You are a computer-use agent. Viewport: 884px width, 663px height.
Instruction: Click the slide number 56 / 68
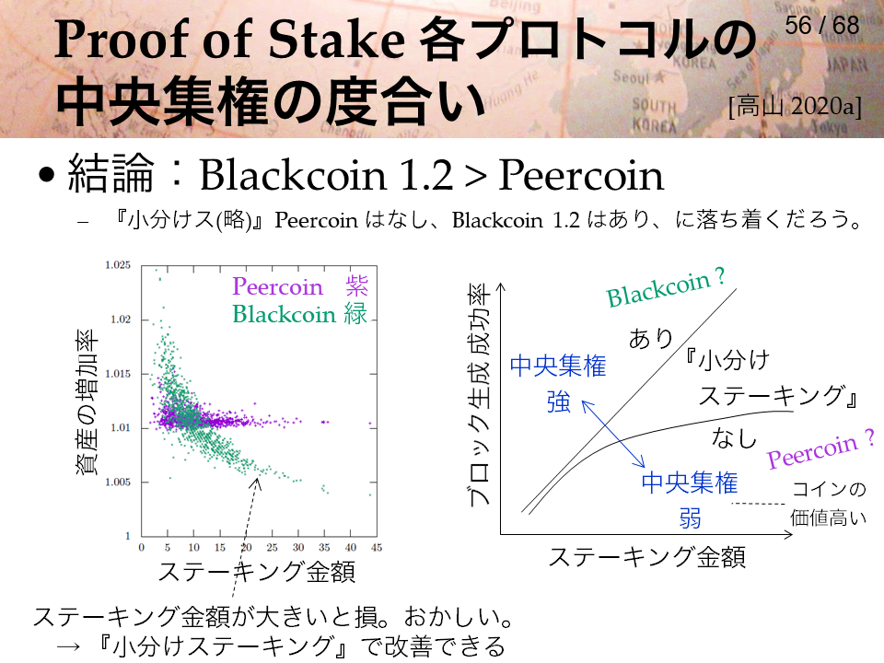pyautogui.click(x=822, y=26)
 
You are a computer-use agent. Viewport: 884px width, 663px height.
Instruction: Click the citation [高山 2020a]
pyautogui.click(x=795, y=106)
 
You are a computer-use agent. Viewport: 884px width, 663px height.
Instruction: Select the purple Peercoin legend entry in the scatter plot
pyautogui.click(x=300, y=286)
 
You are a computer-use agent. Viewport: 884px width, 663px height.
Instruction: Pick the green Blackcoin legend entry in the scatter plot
pyautogui.click(x=300, y=313)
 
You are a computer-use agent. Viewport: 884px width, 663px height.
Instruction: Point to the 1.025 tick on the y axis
pyautogui.click(x=118, y=265)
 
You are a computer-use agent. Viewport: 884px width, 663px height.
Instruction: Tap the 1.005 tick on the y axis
pyautogui.click(x=118, y=482)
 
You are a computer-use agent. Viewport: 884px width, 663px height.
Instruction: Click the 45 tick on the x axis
pyautogui.click(x=377, y=547)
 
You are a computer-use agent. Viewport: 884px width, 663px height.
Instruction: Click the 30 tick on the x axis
pyautogui.click(x=298, y=547)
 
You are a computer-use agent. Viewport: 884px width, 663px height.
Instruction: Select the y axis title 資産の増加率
pyautogui.click(x=87, y=402)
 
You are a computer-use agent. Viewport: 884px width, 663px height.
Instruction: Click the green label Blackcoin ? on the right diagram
pyautogui.click(x=666, y=287)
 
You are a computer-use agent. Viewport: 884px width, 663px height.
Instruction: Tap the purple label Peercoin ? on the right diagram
pyautogui.click(x=820, y=449)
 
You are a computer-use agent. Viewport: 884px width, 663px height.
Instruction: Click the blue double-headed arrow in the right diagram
pyautogui.click(x=613, y=434)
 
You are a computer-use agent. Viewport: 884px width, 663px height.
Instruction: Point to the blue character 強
pyautogui.click(x=559, y=402)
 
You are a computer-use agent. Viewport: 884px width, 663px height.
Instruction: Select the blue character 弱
pyautogui.click(x=690, y=518)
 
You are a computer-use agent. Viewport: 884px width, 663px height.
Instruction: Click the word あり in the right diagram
pyautogui.click(x=651, y=339)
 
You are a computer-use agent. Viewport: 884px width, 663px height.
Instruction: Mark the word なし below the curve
pyautogui.click(x=734, y=437)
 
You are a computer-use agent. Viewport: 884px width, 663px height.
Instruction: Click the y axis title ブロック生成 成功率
pyautogui.click(x=479, y=396)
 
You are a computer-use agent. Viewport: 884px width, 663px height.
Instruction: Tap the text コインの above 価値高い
pyautogui.click(x=829, y=489)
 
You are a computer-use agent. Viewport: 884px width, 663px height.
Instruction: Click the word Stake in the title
pyautogui.click(x=337, y=41)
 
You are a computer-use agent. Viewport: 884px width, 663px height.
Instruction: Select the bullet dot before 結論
pyautogui.click(x=46, y=175)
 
